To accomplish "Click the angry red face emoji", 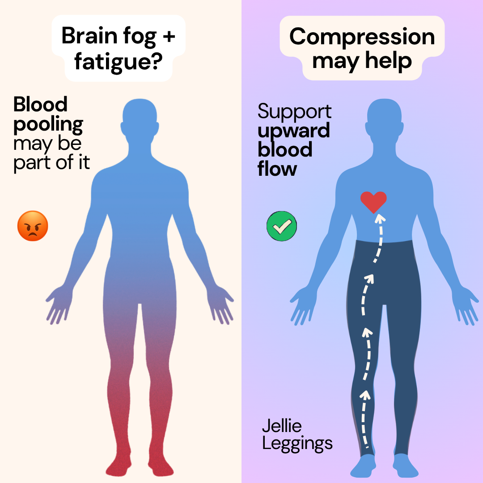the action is [x=33, y=226].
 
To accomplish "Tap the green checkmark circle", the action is [x=282, y=226].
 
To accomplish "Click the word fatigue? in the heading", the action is [x=118, y=62].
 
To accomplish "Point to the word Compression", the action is [x=362, y=37].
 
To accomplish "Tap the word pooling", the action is [x=48, y=125].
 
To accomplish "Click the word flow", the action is [x=277, y=169].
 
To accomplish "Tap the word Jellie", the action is [x=282, y=426].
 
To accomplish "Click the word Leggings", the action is [x=297, y=444].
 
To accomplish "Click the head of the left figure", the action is [x=140, y=119].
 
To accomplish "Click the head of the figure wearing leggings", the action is [x=384, y=119].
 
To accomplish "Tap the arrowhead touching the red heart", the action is [x=380, y=218].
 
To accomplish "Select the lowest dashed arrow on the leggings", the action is [x=364, y=419].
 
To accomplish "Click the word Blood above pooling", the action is [x=40, y=104].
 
